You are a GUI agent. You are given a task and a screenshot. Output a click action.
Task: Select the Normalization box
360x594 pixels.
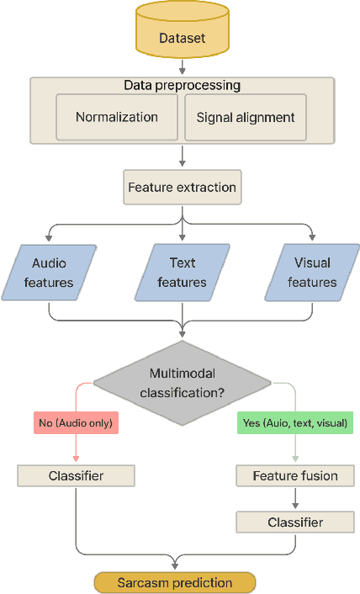(117, 117)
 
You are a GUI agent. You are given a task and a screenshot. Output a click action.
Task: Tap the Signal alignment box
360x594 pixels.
(246, 117)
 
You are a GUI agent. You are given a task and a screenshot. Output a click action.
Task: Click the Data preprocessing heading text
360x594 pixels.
(182, 86)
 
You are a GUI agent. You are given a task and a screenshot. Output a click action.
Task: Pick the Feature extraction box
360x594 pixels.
(182, 187)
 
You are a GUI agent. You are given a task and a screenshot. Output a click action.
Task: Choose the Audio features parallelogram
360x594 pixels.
(49, 273)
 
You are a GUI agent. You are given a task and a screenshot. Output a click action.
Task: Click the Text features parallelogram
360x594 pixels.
(182, 273)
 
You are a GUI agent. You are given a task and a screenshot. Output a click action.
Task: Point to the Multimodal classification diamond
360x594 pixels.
(182, 381)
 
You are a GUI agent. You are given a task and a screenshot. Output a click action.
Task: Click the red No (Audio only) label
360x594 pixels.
(77, 422)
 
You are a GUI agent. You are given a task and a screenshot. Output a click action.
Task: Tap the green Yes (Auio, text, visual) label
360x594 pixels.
(295, 422)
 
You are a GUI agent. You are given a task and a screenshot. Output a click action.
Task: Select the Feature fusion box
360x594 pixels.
(295, 476)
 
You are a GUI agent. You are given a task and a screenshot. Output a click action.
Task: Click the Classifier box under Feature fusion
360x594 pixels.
(295, 522)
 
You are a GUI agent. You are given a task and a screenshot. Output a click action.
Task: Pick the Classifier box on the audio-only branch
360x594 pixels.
(77, 476)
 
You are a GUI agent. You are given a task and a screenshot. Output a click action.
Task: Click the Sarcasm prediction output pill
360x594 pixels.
(174, 582)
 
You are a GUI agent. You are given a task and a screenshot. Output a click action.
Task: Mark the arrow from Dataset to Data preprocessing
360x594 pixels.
(182, 66)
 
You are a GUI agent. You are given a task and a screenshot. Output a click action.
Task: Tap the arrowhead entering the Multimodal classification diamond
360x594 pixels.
(182, 335)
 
